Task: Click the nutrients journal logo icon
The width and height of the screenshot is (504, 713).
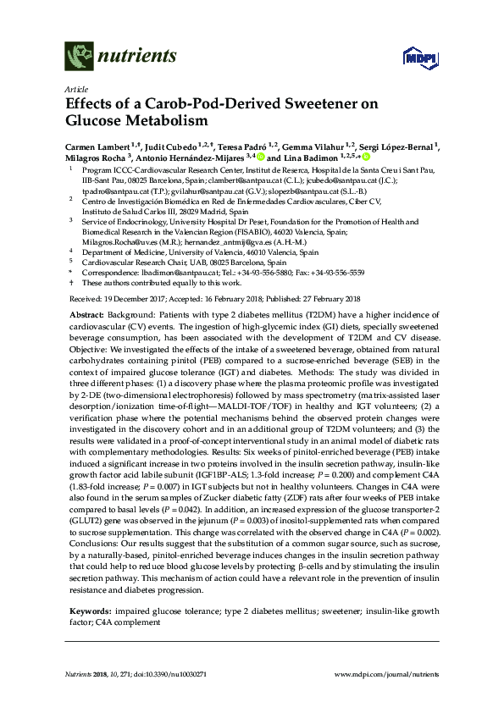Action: pyautogui.click(x=78, y=58)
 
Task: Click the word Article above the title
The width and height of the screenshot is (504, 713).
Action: pyautogui.click(x=75, y=89)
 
